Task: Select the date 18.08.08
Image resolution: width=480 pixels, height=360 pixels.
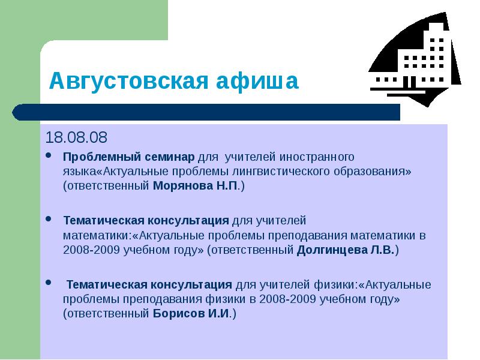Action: click(76, 138)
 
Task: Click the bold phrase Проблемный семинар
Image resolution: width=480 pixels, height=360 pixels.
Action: click(128, 157)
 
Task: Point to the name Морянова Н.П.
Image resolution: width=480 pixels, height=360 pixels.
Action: click(196, 186)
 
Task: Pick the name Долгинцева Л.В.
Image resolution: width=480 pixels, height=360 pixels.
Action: click(345, 250)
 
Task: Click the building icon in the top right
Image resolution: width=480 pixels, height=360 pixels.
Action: click(414, 60)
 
